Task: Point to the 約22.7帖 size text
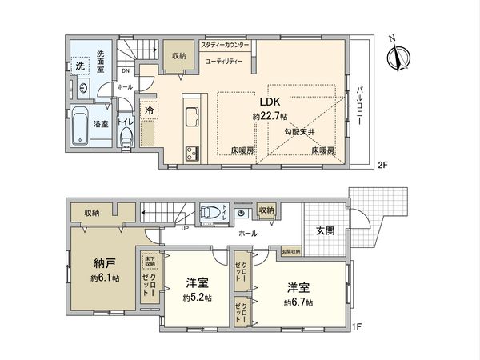[x=269, y=116]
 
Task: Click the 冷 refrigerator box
[x=150, y=111]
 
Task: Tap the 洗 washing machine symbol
[x=81, y=66]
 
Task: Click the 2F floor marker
[x=382, y=165]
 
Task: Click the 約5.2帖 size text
[x=197, y=298]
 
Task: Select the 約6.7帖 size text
[x=298, y=303]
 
